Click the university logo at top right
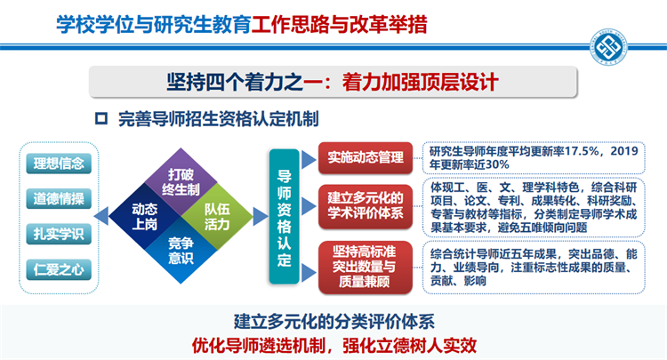click(608, 47)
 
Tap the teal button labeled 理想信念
click(59, 164)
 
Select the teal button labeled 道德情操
click(59, 198)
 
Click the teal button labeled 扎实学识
click(59, 234)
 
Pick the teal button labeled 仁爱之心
click(59, 269)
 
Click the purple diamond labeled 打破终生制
click(181, 182)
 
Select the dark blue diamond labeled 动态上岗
click(145, 216)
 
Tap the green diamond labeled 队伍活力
click(217, 216)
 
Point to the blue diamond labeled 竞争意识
click(181, 250)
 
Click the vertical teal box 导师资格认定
click(285, 217)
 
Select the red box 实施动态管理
click(366, 157)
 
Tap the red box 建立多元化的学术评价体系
click(366, 206)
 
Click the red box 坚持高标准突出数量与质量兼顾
click(366, 267)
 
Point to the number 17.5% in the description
click(579, 151)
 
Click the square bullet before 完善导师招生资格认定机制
click(101, 118)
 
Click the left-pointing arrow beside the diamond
click(101, 216)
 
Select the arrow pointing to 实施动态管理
click(309, 159)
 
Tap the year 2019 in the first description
click(624, 151)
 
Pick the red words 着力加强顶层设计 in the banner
click(420, 82)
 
